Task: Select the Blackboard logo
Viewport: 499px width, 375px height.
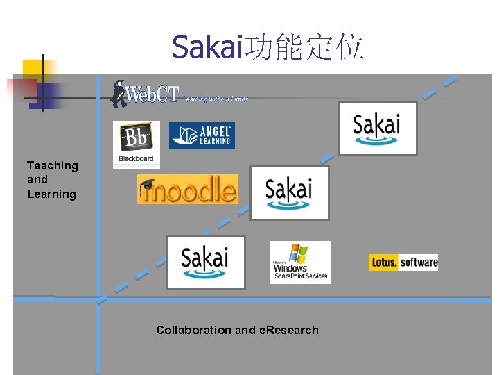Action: pos(137,144)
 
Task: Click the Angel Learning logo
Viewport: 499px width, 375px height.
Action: pos(202,135)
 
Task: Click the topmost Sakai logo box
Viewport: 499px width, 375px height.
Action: pos(377,128)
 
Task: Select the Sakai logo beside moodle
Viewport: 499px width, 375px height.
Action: pos(289,192)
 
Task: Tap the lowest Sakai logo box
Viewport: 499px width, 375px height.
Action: pos(206,262)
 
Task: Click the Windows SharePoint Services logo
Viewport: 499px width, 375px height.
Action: pos(300,262)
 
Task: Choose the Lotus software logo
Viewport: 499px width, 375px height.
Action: pos(403,262)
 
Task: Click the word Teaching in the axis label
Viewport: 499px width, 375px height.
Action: pos(53,165)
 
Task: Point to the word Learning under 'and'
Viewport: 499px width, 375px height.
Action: pos(51,194)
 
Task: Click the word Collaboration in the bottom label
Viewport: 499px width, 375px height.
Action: pos(194,330)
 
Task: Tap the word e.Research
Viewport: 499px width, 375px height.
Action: pos(288,330)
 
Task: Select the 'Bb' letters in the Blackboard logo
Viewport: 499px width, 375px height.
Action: pos(136,138)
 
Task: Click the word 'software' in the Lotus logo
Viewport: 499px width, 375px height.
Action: pos(419,262)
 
